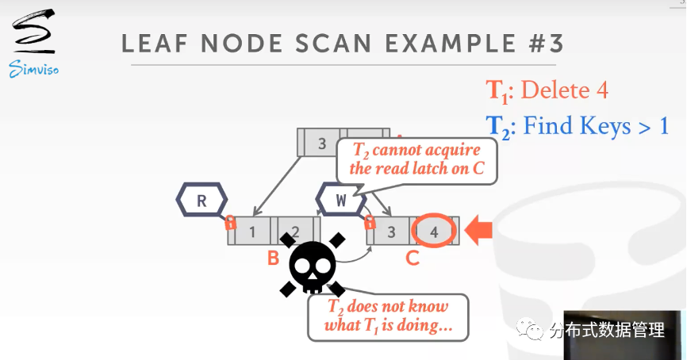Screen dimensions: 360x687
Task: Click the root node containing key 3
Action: click(322, 143)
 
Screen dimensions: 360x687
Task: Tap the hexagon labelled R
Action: click(201, 200)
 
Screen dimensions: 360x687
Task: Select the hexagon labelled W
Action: click(341, 200)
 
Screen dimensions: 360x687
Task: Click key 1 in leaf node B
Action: click(252, 232)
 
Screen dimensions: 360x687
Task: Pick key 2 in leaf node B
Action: click(294, 232)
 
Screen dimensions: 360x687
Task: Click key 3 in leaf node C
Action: click(390, 232)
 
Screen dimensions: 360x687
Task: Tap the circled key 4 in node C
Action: click(433, 232)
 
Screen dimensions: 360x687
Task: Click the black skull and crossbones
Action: click(313, 265)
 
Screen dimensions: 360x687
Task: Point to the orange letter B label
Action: click(272, 259)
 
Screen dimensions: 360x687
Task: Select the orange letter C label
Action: click(412, 259)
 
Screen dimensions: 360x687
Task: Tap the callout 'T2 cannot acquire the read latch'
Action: click(416, 159)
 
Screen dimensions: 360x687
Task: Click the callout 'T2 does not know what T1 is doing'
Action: click(388, 316)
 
